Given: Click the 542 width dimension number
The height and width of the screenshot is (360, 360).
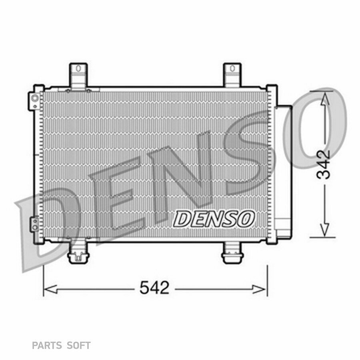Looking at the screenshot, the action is (154, 287).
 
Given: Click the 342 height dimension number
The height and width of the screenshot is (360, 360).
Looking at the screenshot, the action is (323, 164).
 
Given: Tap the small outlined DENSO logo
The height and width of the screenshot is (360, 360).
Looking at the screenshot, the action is (214, 219).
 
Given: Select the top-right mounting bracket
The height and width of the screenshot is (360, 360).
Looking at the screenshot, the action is (232, 75).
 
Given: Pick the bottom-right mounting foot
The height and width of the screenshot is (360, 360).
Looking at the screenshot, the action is (232, 252).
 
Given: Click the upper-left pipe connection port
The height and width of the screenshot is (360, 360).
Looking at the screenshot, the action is (35, 100).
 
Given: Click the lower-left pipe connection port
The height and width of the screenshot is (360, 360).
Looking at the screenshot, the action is (35, 224).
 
